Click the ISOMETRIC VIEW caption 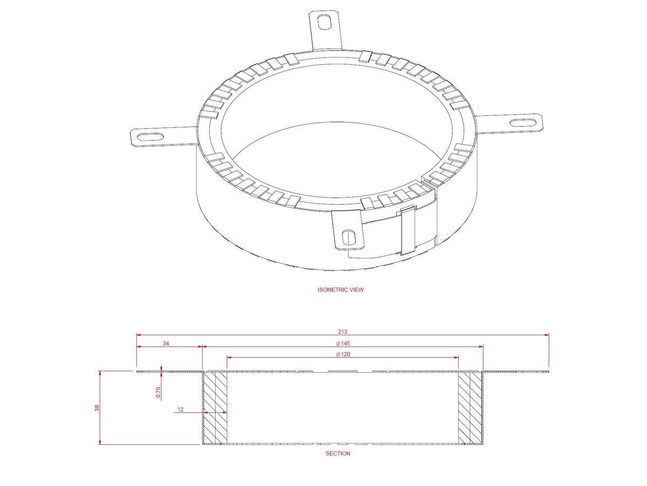[x=341, y=290]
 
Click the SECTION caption [x=338, y=454]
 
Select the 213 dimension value [x=343, y=331]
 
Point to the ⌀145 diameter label [x=343, y=343]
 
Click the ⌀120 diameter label [x=343, y=354]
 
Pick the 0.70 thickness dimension [x=158, y=392]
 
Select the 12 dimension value [x=181, y=410]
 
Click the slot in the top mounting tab [x=326, y=22]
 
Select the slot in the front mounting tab [x=349, y=236]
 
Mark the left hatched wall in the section [x=215, y=408]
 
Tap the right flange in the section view [x=516, y=372]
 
